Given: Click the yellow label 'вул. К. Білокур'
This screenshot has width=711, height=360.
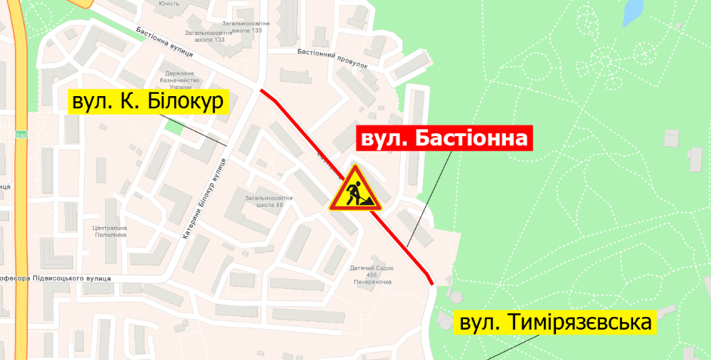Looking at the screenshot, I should (x=148, y=103).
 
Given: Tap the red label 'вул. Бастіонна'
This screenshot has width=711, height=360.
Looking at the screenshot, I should (x=444, y=139).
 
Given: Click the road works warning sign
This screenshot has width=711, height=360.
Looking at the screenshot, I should (x=355, y=190).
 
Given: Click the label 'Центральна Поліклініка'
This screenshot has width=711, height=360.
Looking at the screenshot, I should (x=109, y=231).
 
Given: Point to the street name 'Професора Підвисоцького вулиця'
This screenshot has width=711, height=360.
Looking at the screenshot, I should (x=57, y=278).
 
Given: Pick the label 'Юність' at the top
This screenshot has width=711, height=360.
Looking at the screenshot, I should (x=168, y=3).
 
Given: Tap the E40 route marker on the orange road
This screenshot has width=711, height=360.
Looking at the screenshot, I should (x=20, y=135).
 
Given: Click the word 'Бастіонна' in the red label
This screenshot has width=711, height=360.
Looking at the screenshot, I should (x=473, y=139).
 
